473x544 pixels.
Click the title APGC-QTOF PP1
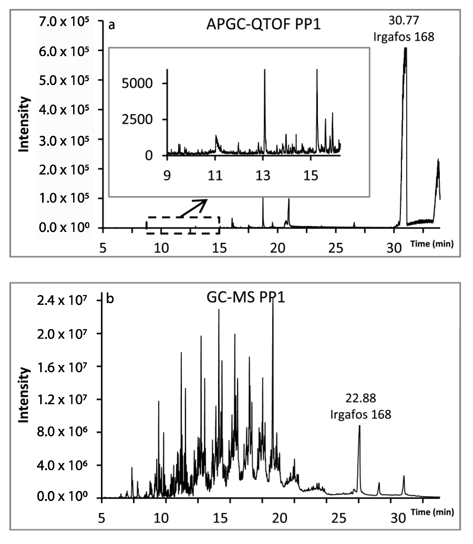263,24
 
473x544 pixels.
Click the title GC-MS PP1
245,298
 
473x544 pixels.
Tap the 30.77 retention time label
404,21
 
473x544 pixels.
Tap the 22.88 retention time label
361,398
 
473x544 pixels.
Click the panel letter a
112,25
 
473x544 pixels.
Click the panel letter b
110,299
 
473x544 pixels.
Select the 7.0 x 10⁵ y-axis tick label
64,22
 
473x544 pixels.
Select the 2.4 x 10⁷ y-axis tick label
62,301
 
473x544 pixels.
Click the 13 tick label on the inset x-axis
263,176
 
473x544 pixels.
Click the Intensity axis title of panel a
24,124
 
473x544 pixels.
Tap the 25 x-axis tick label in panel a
336,248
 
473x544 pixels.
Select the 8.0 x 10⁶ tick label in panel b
62,432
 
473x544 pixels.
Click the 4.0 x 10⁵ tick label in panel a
64,110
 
